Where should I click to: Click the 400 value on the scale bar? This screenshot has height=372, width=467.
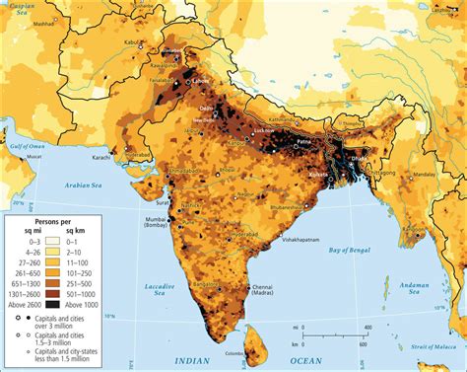[x=367, y=327]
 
